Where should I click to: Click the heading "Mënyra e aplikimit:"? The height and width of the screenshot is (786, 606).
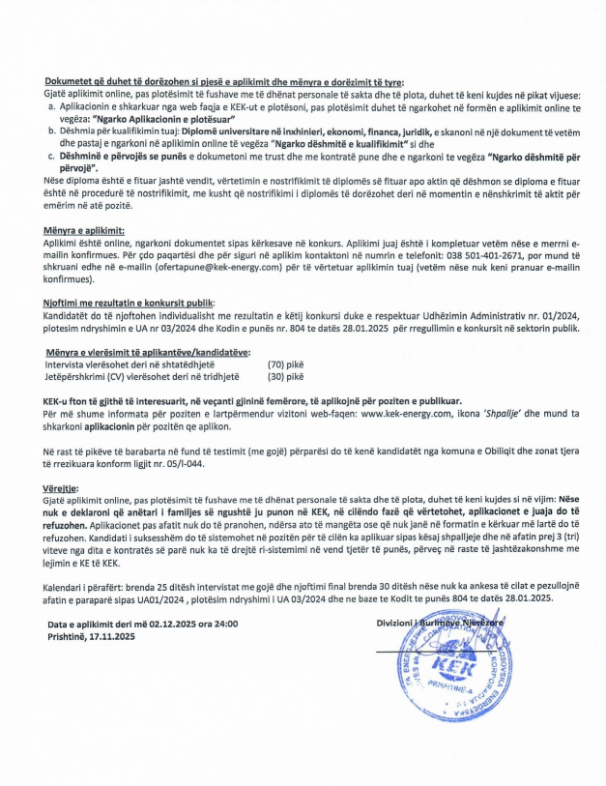(x=84, y=232)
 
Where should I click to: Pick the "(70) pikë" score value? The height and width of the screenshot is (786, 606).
(x=284, y=365)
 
